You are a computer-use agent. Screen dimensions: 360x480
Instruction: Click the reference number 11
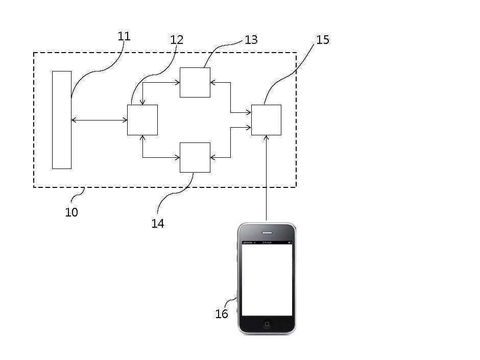(124, 36)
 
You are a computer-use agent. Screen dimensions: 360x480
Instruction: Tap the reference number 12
(177, 39)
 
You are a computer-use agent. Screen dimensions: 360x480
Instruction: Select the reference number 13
(251, 40)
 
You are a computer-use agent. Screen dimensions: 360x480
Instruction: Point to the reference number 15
(323, 40)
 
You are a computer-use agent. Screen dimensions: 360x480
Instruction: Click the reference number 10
(71, 212)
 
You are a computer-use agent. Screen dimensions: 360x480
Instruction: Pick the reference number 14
(158, 223)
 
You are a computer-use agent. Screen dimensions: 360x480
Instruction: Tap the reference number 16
(221, 314)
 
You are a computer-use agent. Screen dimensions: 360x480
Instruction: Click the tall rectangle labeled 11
(61, 120)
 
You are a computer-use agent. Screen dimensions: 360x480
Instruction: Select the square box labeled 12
(142, 120)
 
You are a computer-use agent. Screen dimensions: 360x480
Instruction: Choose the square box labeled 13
(195, 82)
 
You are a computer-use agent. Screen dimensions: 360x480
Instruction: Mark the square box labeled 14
(195, 157)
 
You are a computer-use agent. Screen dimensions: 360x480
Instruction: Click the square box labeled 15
(266, 120)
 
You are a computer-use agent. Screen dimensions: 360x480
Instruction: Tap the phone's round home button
(267, 324)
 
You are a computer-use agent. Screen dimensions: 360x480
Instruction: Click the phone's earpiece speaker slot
(267, 233)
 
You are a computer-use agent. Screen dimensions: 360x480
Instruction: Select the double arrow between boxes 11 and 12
(99, 120)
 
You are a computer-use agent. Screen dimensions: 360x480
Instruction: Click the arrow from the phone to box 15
(266, 179)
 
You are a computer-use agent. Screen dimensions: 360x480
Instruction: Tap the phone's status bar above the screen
(267, 243)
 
